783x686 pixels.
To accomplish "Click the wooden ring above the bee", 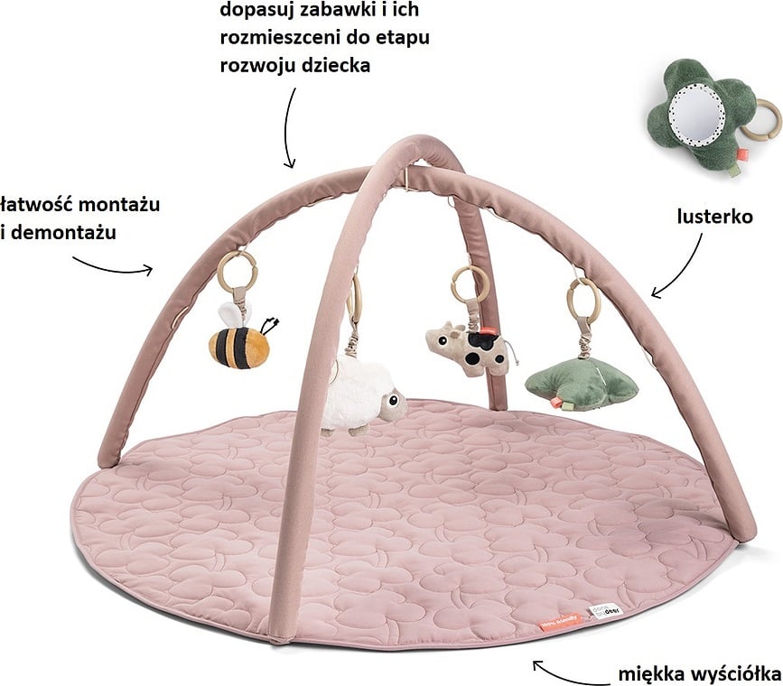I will [x=237, y=271].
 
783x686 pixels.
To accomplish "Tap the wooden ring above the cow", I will [x=471, y=283].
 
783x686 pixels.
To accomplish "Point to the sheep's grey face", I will [x=391, y=406].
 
